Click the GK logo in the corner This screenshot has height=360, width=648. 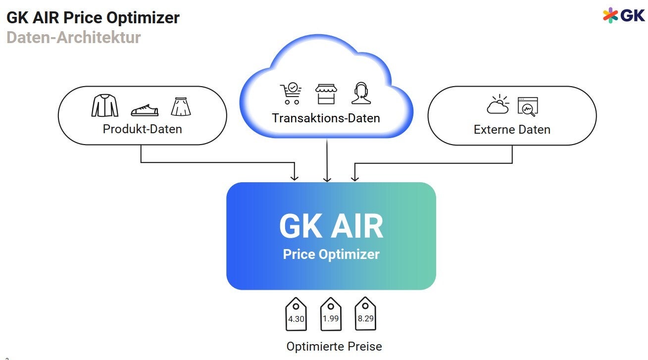tap(624, 15)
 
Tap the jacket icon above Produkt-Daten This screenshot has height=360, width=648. tap(105, 105)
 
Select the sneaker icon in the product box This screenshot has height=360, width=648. tap(144, 110)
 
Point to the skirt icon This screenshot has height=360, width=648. tap(181, 106)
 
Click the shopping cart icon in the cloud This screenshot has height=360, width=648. tap(291, 93)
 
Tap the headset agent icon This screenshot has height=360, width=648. tap(361, 93)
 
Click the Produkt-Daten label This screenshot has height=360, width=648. tap(142, 129)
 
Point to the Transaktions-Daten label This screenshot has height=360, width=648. tap(326, 118)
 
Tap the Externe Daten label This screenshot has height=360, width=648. tap(512, 130)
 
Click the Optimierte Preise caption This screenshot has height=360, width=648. tap(334, 346)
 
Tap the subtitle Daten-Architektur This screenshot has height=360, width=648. tap(73, 38)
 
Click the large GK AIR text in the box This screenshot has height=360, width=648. tap(331, 226)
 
